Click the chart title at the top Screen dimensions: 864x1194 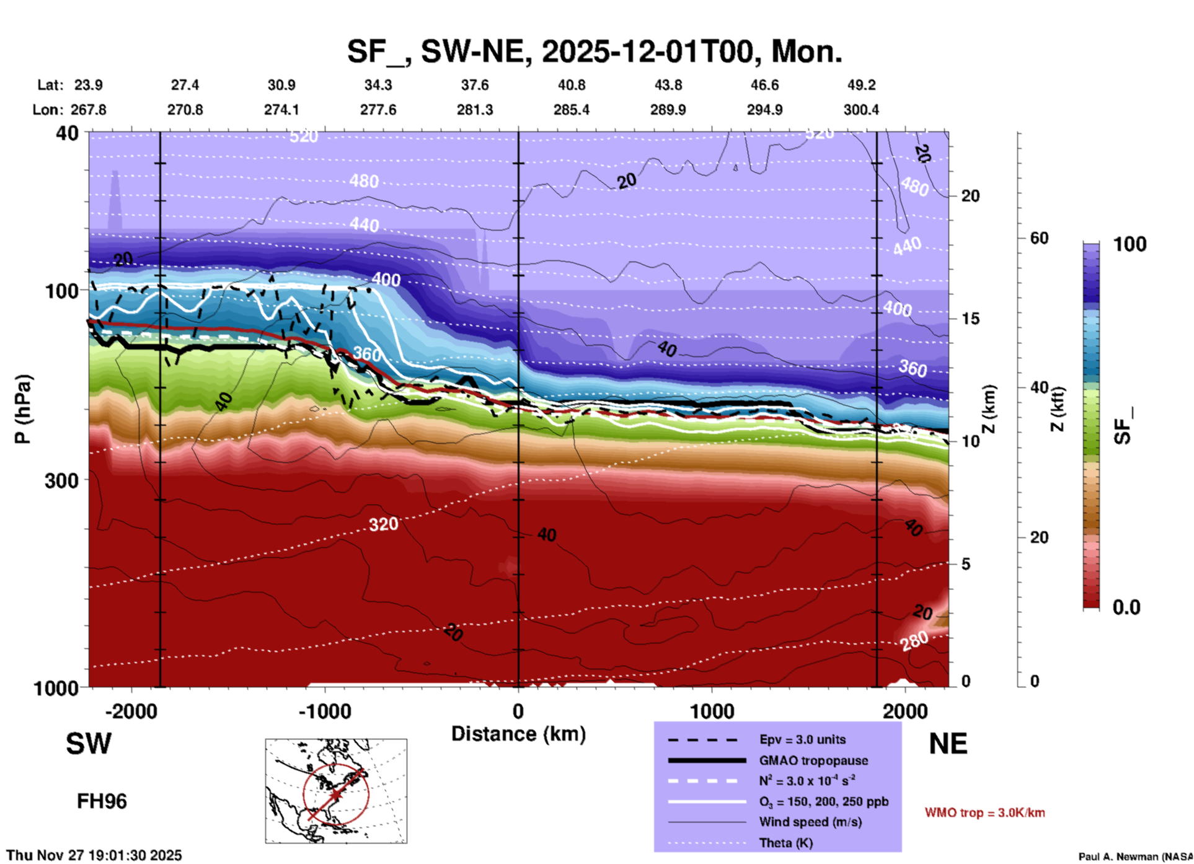(x=594, y=51)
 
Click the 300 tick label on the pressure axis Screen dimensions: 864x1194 (x=61, y=480)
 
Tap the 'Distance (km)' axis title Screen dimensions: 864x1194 (x=518, y=734)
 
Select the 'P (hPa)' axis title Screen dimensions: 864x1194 (x=23, y=409)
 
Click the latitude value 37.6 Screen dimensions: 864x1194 (x=475, y=85)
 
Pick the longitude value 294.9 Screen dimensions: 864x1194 (x=764, y=110)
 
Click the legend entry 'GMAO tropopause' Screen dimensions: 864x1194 (x=813, y=760)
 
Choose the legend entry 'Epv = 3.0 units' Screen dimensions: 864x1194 (x=802, y=739)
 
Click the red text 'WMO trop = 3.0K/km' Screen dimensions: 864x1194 (x=984, y=813)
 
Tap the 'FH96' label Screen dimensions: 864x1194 (x=102, y=801)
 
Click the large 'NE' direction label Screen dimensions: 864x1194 (x=948, y=744)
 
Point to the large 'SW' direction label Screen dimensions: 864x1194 (x=89, y=744)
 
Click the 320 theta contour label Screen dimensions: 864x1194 (x=383, y=524)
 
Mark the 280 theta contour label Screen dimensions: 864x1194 (x=914, y=641)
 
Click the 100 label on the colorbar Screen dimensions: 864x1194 (x=1130, y=244)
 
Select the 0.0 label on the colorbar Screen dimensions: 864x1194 (x=1126, y=607)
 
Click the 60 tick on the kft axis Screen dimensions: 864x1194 (x=1039, y=238)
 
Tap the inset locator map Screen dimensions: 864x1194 (x=336, y=790)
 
